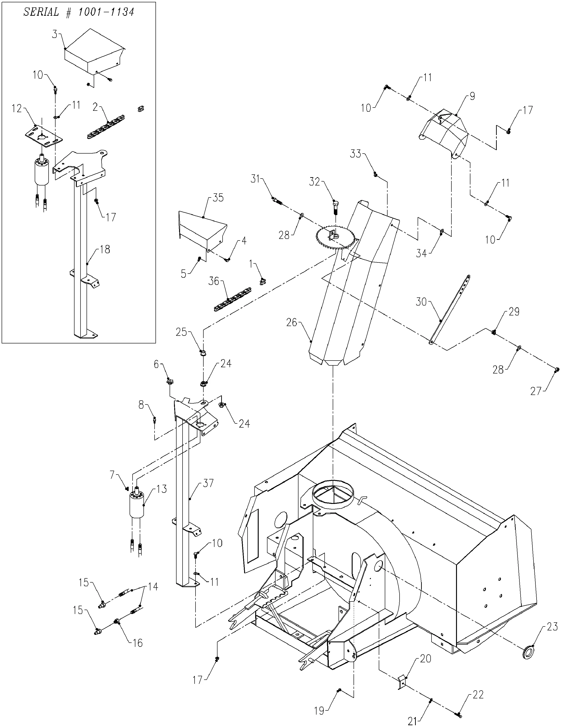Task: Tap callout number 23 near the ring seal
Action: click(552, 627)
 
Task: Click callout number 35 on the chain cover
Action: click(218, 198)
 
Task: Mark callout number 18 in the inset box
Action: click(105, 249)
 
